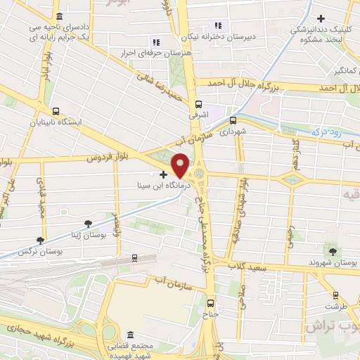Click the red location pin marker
[x=181, y=165]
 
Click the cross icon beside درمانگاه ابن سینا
[x=164, y=174]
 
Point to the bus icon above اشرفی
[x=198, y=103]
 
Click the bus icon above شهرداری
[x=233, y=120]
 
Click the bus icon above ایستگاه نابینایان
[x=56, y=111]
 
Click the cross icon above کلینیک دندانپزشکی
[x=321, y=18]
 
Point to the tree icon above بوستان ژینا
[x=88, y=224]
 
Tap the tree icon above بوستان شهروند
[x=333, y=250]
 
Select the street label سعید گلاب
[x=247, y=266]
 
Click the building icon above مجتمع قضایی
[x=129, y=335]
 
